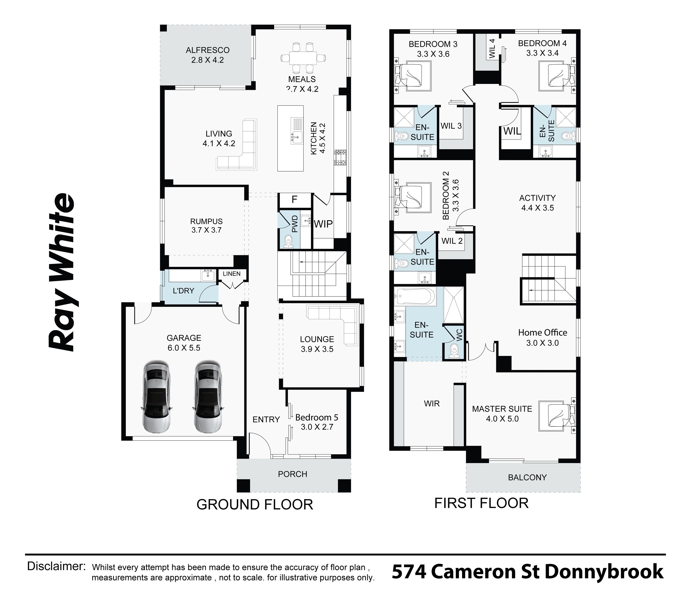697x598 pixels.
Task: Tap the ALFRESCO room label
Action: pyautogui.click(x=207, y=50)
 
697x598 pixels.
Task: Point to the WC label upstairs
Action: pyautogui.click(x=460, y=335)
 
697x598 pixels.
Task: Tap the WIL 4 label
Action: pyautogui.click(x=492, y=49)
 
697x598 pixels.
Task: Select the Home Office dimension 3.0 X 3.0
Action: pyautogui.click(x=542, y=343)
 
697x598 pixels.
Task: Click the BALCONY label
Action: pyautogui.click(x=527, y=477)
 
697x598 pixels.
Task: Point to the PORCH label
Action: pyautogui.click(x=292, y=474)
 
